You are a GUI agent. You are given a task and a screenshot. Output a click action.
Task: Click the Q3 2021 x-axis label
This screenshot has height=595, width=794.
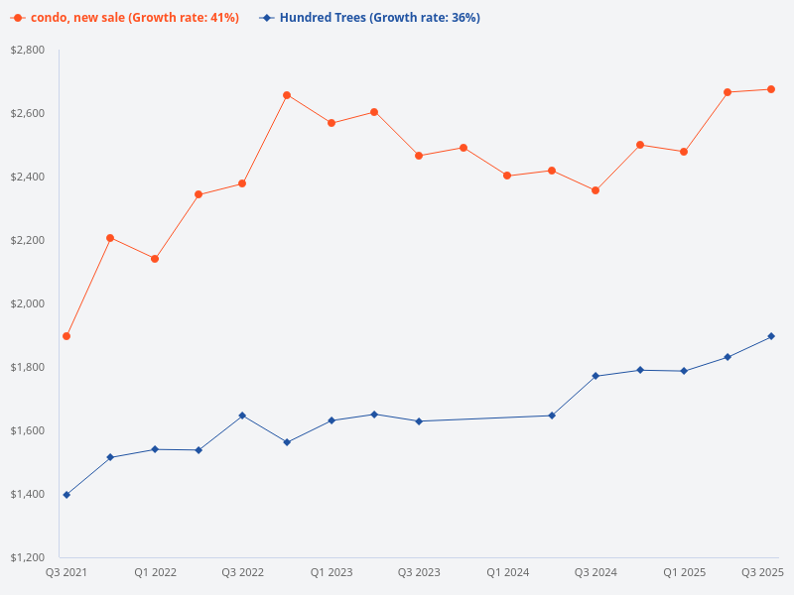(66, 573)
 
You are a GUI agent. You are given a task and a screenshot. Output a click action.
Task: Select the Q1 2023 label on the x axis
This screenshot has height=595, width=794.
(331, 573)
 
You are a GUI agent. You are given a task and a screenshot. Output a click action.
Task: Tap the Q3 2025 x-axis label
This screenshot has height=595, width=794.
(763, 573)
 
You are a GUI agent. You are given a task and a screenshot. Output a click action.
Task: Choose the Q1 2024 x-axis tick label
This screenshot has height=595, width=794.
(507, 573)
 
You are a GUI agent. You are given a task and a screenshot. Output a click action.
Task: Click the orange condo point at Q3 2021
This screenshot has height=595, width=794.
(66, 336)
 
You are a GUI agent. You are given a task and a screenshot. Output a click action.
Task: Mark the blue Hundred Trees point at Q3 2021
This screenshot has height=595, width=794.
(66, 495)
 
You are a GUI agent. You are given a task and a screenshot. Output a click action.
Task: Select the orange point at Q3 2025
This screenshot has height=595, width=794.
(771, 89)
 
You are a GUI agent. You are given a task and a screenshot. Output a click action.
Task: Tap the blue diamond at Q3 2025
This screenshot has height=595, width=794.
(771, 336)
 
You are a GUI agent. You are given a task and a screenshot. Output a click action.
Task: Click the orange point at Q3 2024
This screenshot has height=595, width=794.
(595, 190)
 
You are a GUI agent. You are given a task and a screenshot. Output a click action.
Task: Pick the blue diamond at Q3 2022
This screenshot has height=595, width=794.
(242, 416)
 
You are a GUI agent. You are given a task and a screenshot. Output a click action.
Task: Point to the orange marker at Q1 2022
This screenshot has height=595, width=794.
(155, 259)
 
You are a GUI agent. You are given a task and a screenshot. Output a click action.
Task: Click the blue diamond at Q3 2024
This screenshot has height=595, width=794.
(595, 376)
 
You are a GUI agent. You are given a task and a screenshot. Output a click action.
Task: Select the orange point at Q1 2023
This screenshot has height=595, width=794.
(331, 123)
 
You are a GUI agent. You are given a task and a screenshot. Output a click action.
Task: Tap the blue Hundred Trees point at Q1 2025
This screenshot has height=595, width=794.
(684, 371)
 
